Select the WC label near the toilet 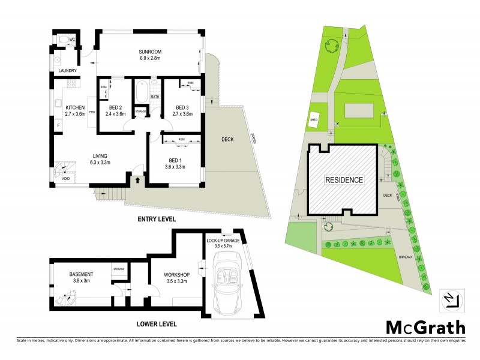tap(71, 40)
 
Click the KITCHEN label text tap(76, 107)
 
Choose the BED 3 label tap(182, 107)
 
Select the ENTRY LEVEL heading tap(156, 220)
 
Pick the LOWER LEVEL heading tap(156, 324)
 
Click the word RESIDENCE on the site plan tap(344, 179)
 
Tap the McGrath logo tap(425, 327)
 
